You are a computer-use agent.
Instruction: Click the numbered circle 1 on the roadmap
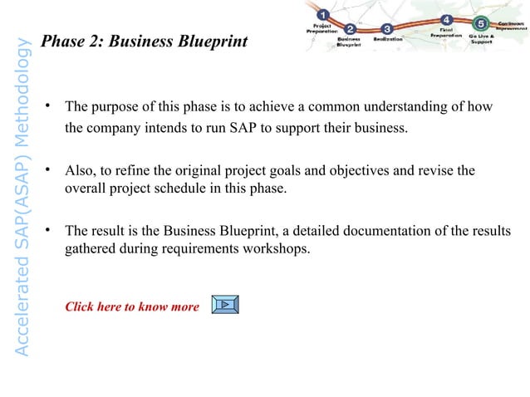pos(322,13)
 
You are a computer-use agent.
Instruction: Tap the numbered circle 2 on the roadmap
pos(351,30)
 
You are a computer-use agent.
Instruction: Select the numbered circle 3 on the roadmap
pos(386,30)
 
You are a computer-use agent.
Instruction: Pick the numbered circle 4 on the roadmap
pos(447,20)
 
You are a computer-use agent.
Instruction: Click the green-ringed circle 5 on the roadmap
pos(481,23)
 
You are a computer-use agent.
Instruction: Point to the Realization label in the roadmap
pos(387,39)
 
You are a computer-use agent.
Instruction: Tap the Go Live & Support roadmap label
pos(481,38)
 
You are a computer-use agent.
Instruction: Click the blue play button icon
pos(225,305)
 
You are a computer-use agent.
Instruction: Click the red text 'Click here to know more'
pos(132,306)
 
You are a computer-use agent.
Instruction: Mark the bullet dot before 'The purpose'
pos(50,105)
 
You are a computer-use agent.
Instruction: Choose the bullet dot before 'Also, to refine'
pos(50,169)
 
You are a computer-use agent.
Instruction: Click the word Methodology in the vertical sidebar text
pos(25,94)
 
